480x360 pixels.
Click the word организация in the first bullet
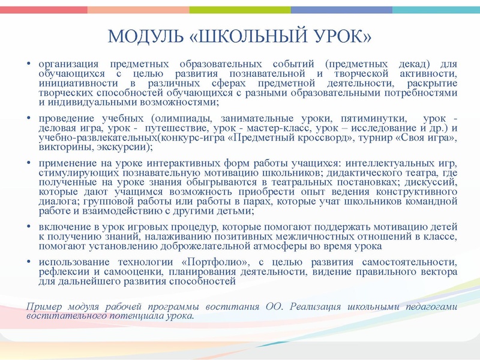66,64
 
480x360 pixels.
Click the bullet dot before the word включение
29,227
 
